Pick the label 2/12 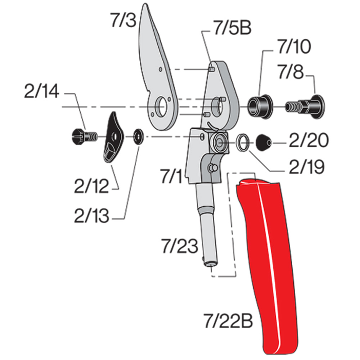[91, 186]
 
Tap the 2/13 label [91, 216]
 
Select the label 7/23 [179, 247]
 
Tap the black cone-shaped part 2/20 [264, 143]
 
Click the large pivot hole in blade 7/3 [161, 107]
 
